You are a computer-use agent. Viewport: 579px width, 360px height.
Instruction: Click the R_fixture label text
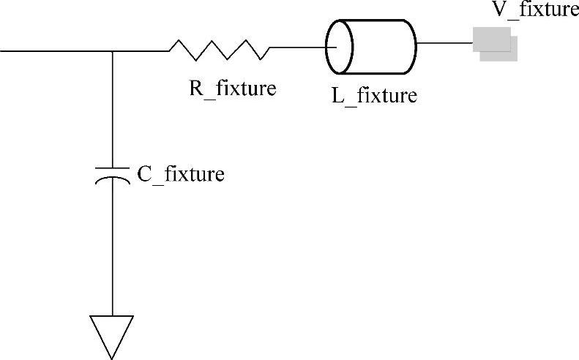pos(232,89)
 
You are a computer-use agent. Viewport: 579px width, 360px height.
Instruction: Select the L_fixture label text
pos(374,95)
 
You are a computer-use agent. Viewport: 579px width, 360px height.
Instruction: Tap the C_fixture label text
pos(181,175)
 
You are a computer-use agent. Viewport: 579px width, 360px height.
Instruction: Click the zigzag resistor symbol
pos(219,50)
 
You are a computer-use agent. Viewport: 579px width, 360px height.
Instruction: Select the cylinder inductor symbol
pos(371,46)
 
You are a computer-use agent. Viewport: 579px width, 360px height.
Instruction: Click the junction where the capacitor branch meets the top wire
pos(112,50)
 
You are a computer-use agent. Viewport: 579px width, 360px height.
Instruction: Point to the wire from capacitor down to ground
pos(112,249)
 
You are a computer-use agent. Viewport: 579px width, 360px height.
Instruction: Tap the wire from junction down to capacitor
pos(112,110)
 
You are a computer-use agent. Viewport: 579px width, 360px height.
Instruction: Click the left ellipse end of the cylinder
pos(339,46)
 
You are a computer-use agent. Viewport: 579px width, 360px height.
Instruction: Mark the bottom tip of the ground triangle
pos(112,358)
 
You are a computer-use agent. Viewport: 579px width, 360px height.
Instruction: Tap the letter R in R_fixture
pos(195,88)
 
